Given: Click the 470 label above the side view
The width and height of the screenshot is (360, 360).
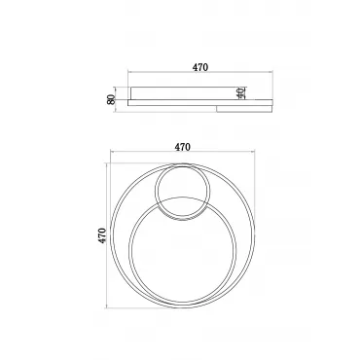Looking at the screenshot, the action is (200, 67).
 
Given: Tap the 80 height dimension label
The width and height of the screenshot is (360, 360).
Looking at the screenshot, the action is (111, 99).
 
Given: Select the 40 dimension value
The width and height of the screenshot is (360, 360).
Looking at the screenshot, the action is (240, 93).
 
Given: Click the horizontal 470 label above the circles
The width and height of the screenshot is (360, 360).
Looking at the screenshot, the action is (183, 147).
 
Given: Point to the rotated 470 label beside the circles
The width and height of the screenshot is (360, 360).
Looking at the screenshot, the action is (102, 235).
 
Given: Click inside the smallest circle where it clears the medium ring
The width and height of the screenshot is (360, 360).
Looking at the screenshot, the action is (182, 183).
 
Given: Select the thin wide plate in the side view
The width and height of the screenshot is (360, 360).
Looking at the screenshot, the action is (200, 102).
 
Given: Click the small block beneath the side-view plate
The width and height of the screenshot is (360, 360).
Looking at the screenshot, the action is (244, 109).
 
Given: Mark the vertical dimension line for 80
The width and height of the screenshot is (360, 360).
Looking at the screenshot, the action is (116, 99).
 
